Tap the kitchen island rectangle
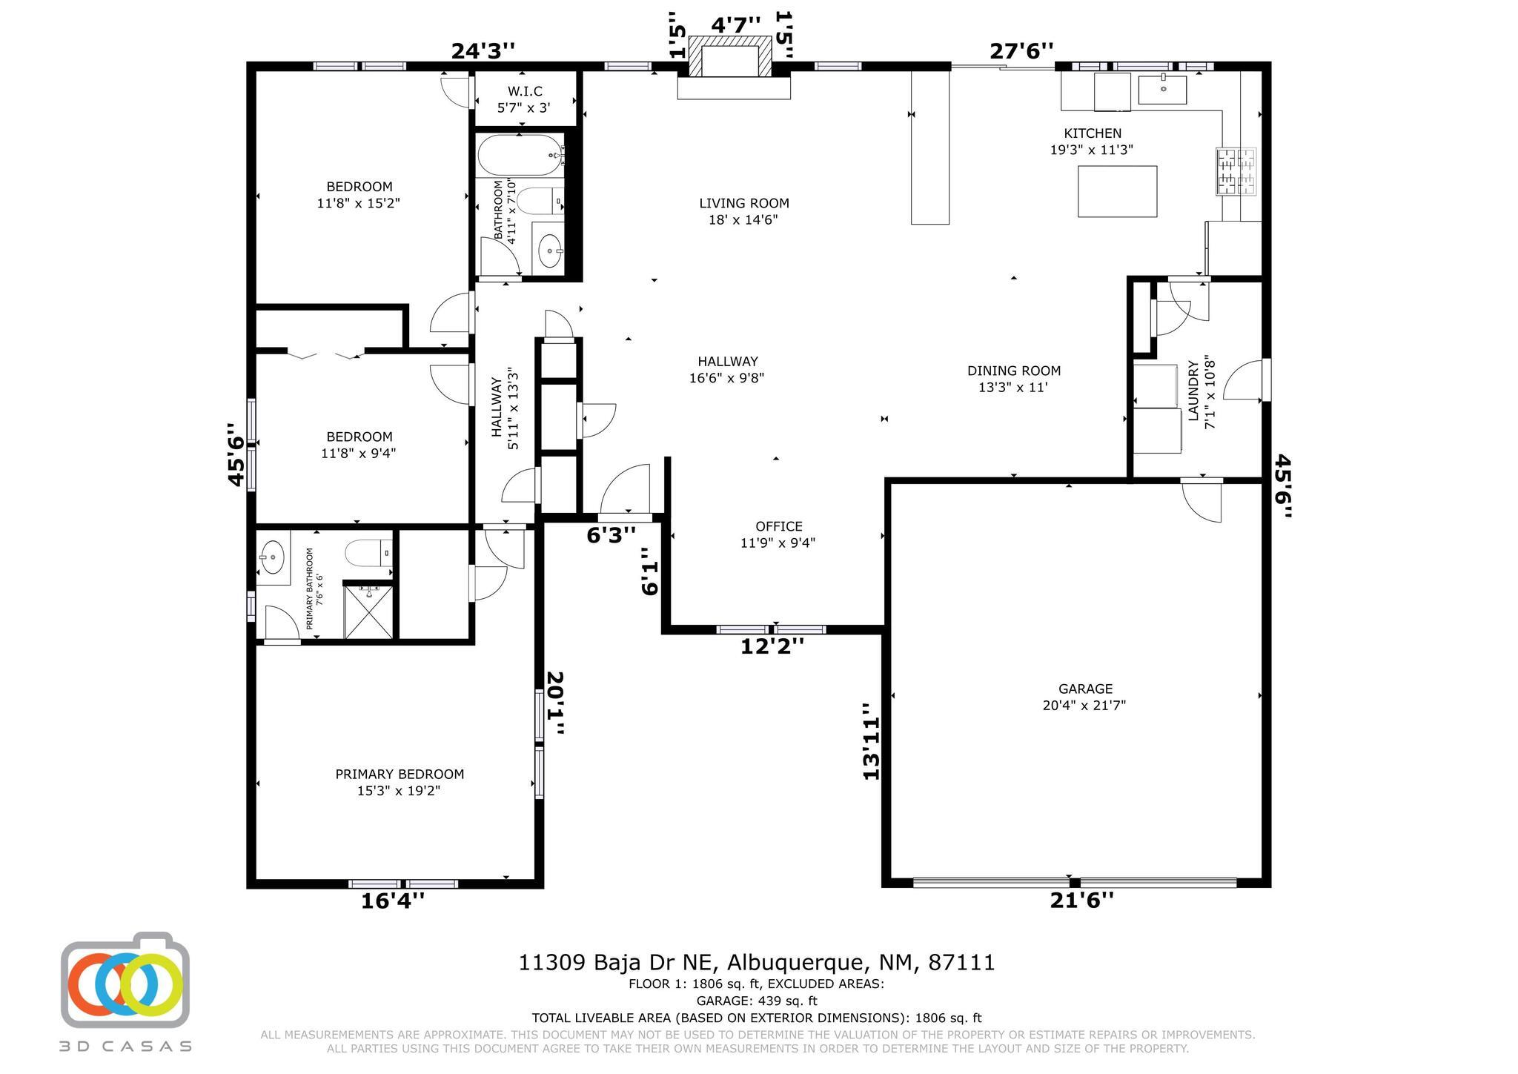1117,191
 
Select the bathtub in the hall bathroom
520,155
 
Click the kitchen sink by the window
1162,89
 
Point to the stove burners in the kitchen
1236,172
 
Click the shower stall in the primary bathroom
368,611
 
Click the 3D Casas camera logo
125,980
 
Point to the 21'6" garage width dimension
1081,901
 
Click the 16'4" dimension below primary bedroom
393,901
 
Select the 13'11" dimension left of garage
871,741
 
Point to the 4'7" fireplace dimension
736,25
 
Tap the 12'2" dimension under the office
772,647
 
